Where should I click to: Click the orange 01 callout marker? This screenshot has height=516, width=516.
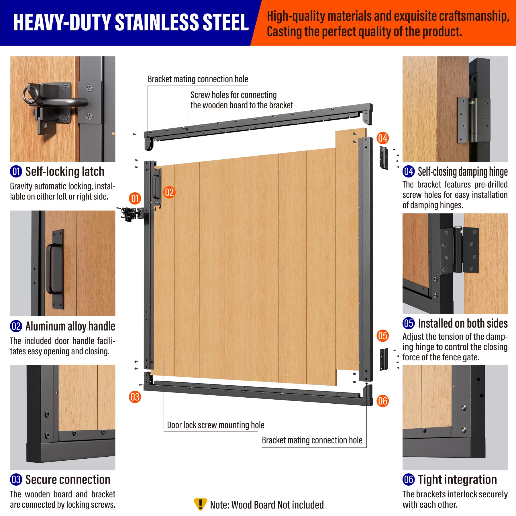pyautogui.click(x=135, y=198)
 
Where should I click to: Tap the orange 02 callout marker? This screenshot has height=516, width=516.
pyautogui.click(x=169, y=192)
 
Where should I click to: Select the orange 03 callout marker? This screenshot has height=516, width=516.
pyautogui.click(x=135, y=397)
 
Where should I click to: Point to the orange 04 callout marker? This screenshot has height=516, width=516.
pyautogui.click(x=382, y=138)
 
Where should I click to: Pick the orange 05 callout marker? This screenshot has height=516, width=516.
pyautogui.click(x=382, y=336)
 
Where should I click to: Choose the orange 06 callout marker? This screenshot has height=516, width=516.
pyautogui.click(x=382, y=401)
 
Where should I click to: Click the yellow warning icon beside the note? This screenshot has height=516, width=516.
pyautogui.click(x=200, y=504)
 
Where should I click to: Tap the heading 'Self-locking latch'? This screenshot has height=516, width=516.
pyautogui.click(x=65, y=171)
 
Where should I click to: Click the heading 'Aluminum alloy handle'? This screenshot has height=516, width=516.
pyautogui.click(x=70, y=326)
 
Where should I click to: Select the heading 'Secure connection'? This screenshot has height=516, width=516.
pyautogui.click(x=68, y=480)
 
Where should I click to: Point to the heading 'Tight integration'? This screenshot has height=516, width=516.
pyautogui.click(x=457, y=480)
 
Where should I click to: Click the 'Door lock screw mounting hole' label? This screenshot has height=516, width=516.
pyautogui.click(x=215, y=425)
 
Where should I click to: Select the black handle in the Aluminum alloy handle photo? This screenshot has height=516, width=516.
pyautogui.click(x=54, y=269)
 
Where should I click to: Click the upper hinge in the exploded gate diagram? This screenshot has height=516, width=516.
pyautogui.click(x=384, y=157)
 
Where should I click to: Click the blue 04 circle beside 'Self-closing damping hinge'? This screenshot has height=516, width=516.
pyautogui.click(x=408, y=171)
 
